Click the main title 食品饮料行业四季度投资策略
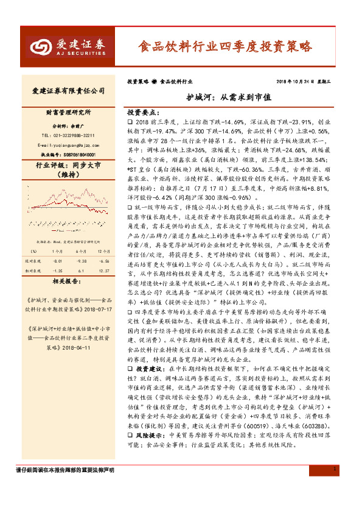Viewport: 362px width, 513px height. (x=225, y=46)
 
